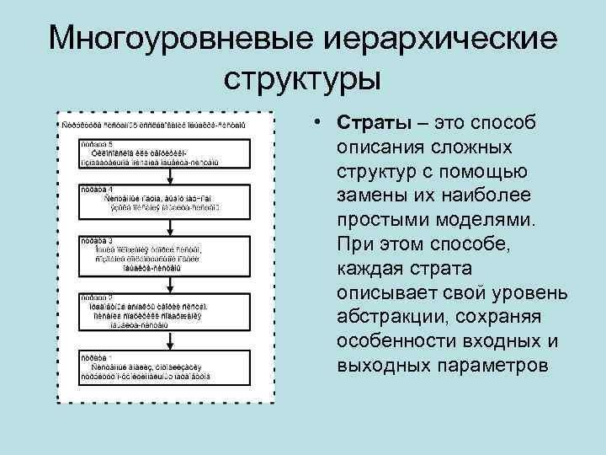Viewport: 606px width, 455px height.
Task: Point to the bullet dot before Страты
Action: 322,122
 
